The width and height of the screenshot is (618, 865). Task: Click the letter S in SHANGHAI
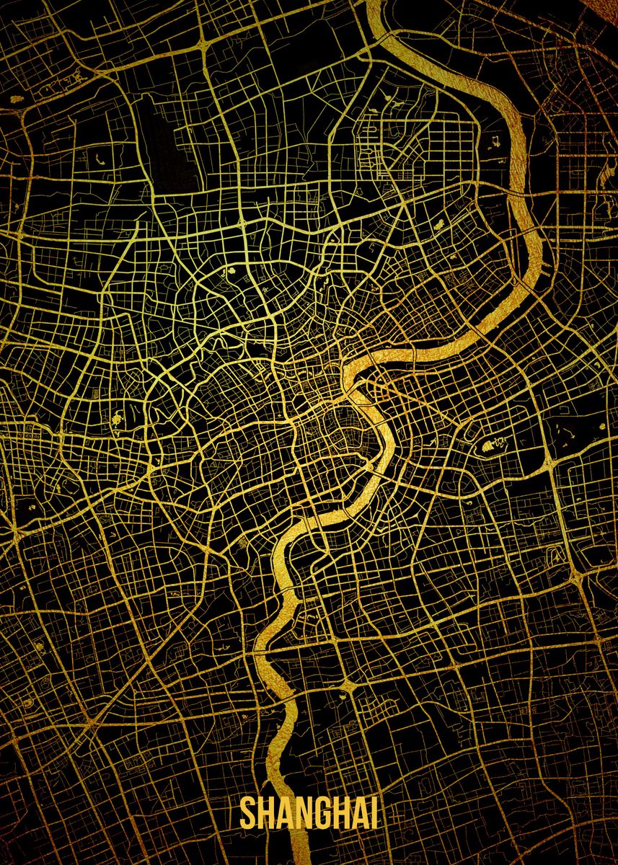tap(249, 812)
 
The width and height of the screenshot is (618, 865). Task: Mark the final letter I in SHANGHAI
tap(374, 812)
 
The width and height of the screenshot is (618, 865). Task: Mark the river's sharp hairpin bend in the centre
tap(353, 390)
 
